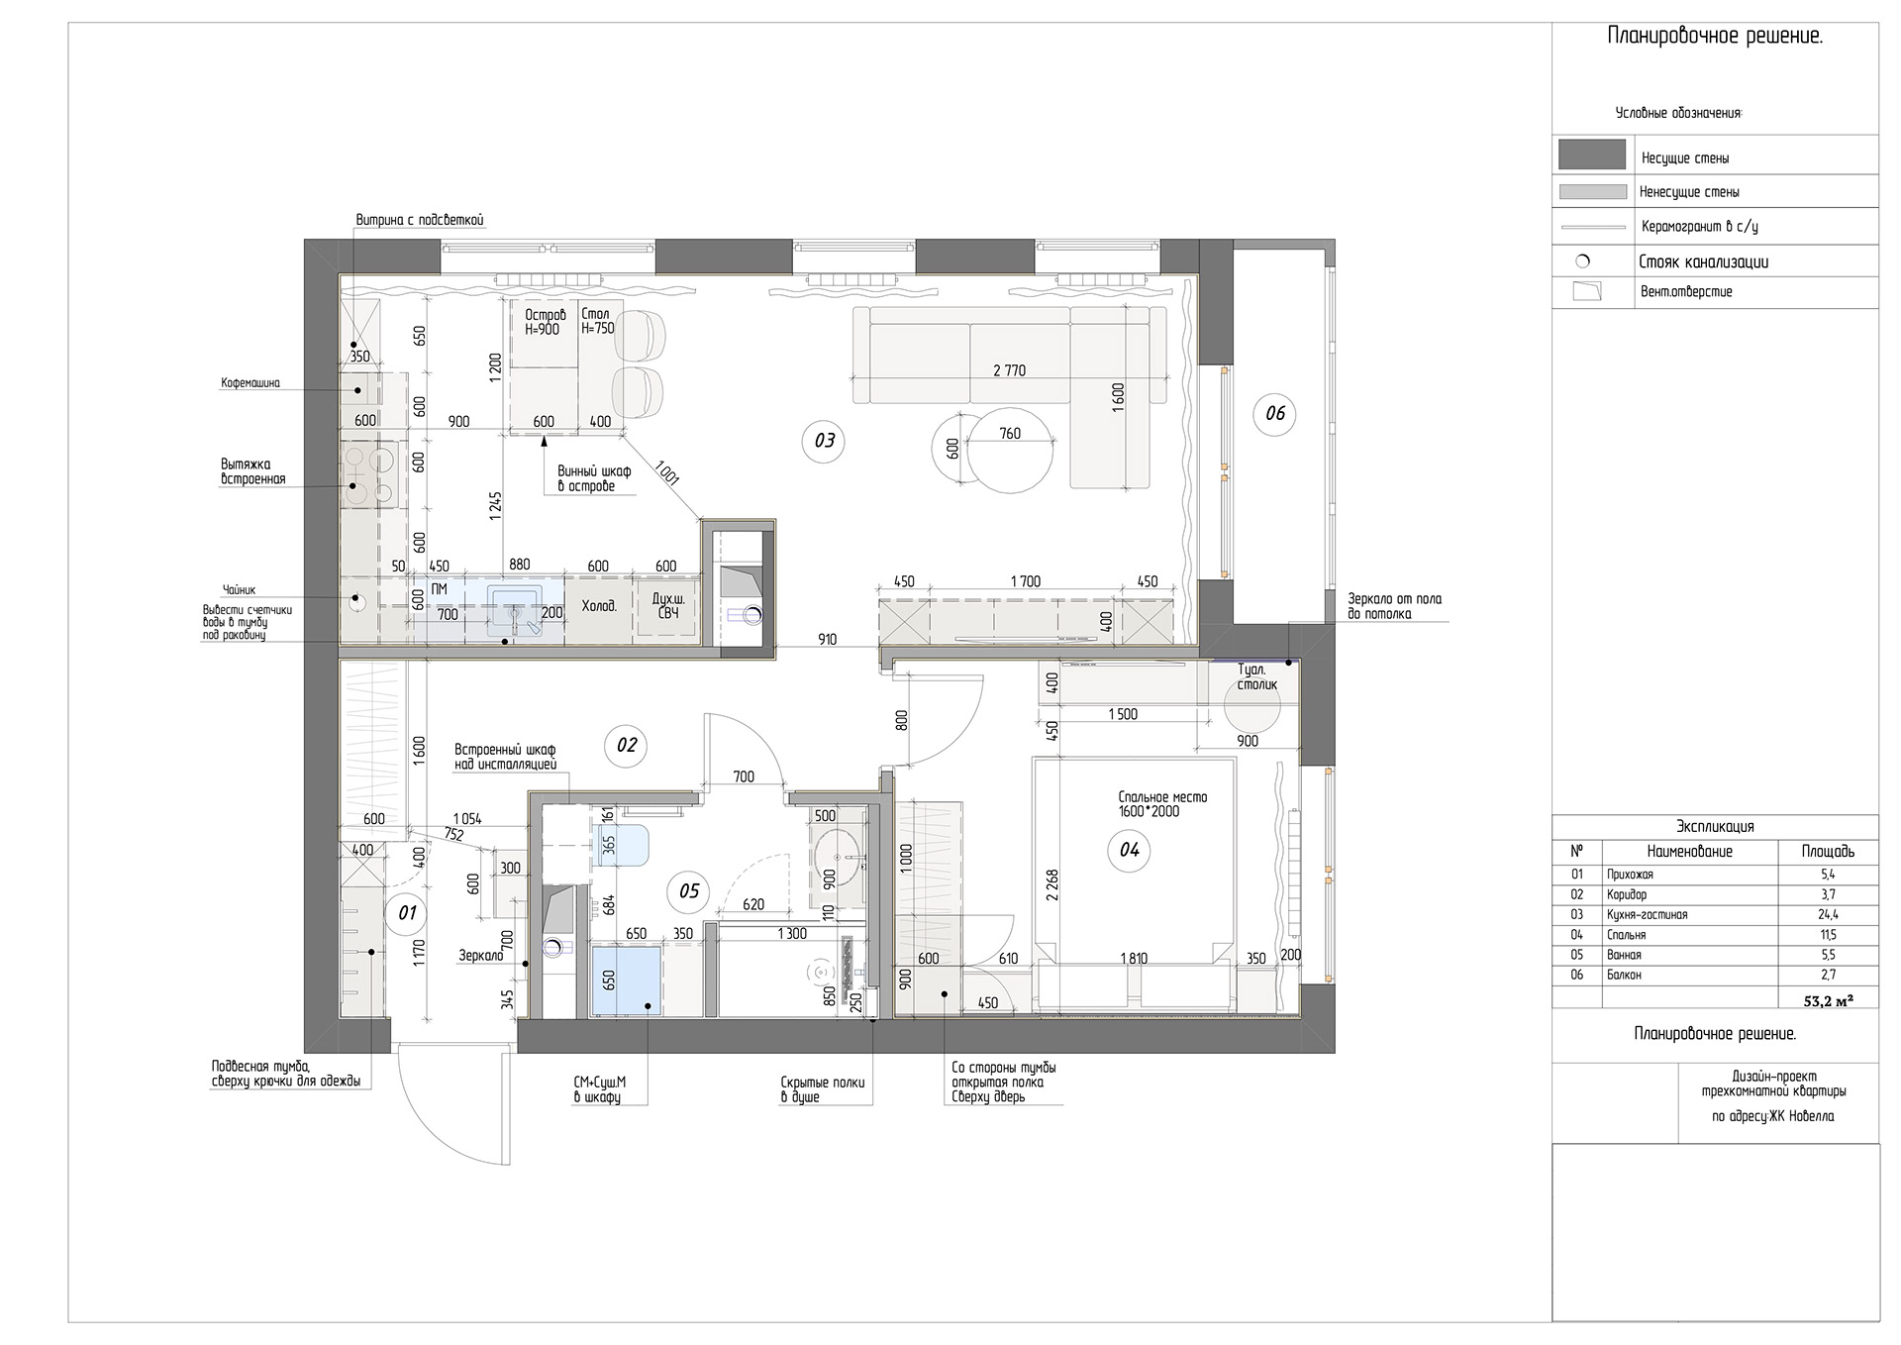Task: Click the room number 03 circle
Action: coord(825,441)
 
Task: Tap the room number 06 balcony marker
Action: coord(1274,413)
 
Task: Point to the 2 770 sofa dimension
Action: coord(1009,371)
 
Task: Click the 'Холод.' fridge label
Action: coord(598,605)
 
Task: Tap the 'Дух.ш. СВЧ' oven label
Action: coord(666,605)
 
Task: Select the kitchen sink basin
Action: coord(514,607)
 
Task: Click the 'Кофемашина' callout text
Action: coord(250,383)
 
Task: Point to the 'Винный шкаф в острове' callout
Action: coord(594,478)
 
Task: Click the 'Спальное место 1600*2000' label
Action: coord(1162,804)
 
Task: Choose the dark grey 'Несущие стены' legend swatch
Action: coord(1592,155)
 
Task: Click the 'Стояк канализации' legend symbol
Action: coord(1582,262)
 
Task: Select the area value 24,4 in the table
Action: coord(1828,915)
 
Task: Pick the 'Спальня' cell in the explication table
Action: coord(1627,935)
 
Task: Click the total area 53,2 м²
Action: coord(1828,1001)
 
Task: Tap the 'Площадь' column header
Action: coord(1828,852)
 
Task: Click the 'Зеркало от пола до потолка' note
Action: coord(1394,606)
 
